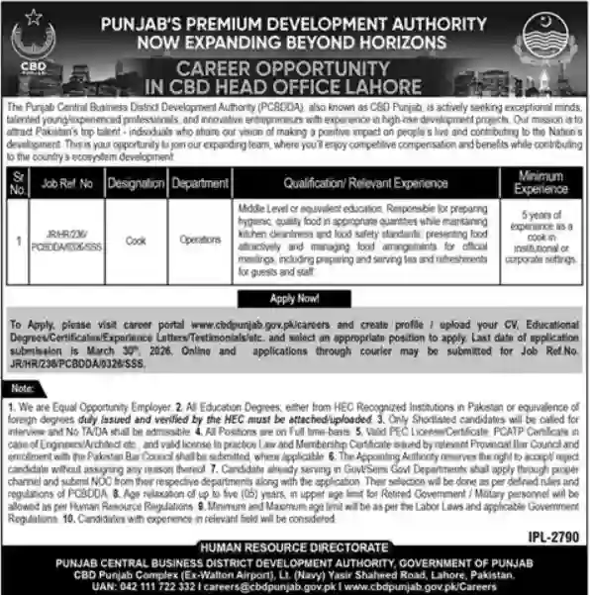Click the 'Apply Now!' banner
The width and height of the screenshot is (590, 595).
pyautogui.click(x=294, y=297)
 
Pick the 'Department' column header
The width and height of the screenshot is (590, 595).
pyautogui.click(x=199, y=184)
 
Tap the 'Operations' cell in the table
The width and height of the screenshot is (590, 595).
pyautogui.click(x=199, y=240)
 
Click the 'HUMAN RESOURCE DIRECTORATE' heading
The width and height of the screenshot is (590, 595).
pyautogui.click(x=294, y=545)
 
